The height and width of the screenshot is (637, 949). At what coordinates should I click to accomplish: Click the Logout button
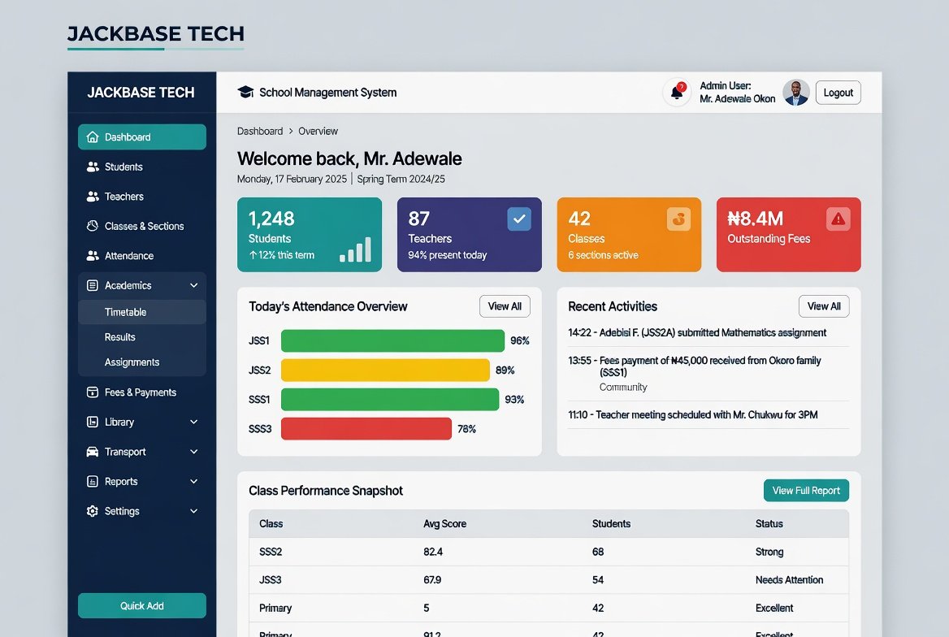838,93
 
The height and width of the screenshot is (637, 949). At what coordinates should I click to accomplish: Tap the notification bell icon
677,93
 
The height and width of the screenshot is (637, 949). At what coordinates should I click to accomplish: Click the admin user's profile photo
795,93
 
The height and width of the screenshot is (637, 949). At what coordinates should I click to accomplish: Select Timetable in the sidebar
125,312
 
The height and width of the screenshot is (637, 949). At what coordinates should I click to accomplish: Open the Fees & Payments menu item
140,392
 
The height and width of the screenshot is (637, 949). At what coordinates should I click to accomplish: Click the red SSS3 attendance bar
366,429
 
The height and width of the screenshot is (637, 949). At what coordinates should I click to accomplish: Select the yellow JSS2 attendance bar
385,370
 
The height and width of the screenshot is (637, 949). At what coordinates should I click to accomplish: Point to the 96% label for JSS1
520,341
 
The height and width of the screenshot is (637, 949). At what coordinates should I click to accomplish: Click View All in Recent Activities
824,306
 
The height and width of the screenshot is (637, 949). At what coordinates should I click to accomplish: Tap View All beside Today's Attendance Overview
505,306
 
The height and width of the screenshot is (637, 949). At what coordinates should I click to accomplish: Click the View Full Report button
806,491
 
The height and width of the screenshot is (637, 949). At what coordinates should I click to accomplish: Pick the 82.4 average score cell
433,552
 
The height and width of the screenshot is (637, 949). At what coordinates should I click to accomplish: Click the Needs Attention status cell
789,580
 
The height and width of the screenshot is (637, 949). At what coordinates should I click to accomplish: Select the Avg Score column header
445,524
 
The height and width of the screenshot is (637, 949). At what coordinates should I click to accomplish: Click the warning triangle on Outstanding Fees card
838,219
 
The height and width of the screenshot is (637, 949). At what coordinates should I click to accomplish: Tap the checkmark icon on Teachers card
518,219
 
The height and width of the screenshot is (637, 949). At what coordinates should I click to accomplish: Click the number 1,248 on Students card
271,219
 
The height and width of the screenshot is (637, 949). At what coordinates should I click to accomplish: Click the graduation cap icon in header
245,92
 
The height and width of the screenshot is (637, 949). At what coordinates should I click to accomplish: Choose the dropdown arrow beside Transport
193,452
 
